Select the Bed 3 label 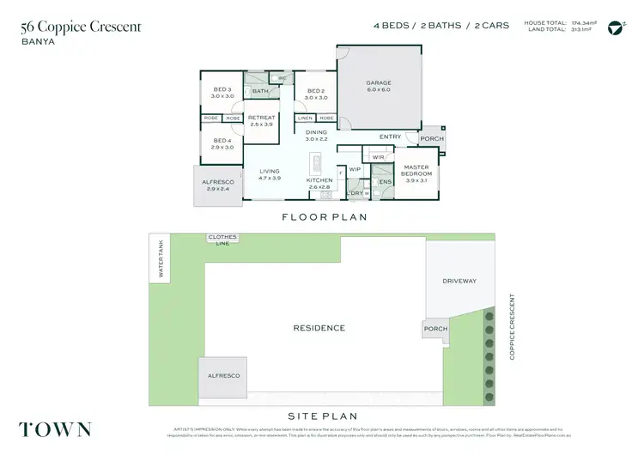point(223,94)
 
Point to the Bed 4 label point(222,143)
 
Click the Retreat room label point(261,121)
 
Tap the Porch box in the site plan point(435,328)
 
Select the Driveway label point(459,281)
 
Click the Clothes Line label point(222,240)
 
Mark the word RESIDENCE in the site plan point(319,328)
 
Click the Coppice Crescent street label point(513,326)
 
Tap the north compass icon point(614,27)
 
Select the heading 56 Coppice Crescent point(81,27)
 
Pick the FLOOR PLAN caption point(325,217)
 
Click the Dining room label point(317,136)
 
